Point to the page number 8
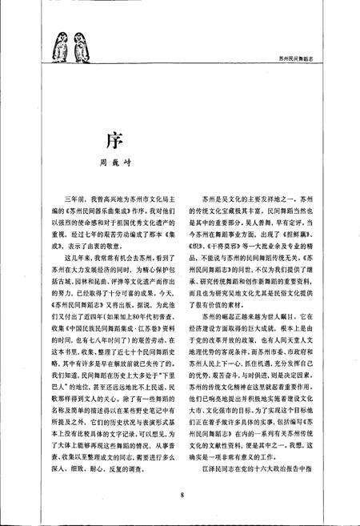[182, 496]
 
